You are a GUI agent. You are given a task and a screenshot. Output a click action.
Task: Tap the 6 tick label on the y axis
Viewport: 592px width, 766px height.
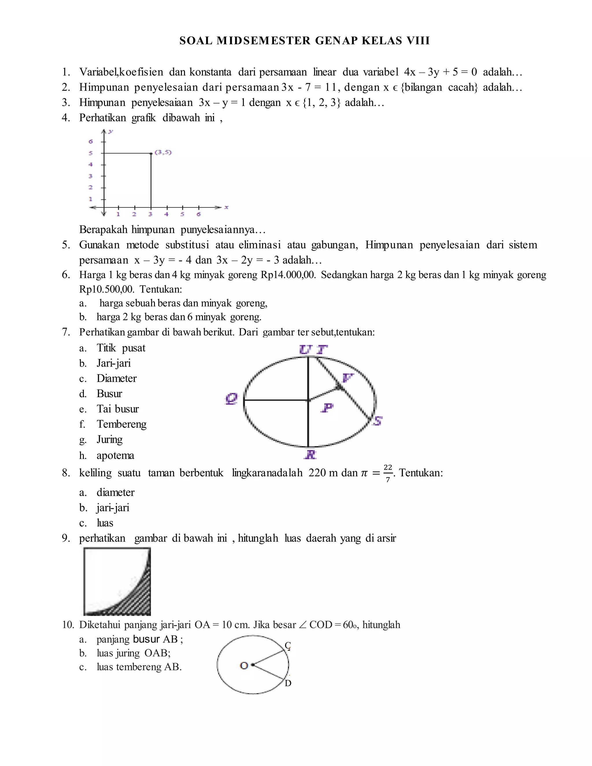click(x=90, y=141)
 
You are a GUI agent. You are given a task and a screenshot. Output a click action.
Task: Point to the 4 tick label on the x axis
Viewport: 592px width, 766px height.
click(x=166, y=214)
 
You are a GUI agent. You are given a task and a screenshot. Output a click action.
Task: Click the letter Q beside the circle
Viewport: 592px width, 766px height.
click(x=232, y=399)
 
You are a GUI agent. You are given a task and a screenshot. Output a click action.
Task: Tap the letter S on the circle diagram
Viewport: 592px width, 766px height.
click(x=378, y=421)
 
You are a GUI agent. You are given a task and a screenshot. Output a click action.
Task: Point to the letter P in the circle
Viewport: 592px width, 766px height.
click(x=327, y=408)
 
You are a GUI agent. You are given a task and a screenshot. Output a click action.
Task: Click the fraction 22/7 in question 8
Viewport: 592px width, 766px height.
click(x=388, y=473)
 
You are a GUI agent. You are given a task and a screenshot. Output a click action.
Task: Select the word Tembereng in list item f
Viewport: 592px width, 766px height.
click(x=121, y=424)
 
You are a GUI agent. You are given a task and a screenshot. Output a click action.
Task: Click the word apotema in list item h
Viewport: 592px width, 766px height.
click(x=115, y=455)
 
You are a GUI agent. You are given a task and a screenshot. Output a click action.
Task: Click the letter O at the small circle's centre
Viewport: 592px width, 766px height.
click(x=244, y=665)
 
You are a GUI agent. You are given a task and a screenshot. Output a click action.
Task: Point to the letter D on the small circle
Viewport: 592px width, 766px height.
click(x=288, y=683)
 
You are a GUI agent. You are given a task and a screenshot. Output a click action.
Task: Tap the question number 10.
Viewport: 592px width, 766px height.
click(x=68, y=625)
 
